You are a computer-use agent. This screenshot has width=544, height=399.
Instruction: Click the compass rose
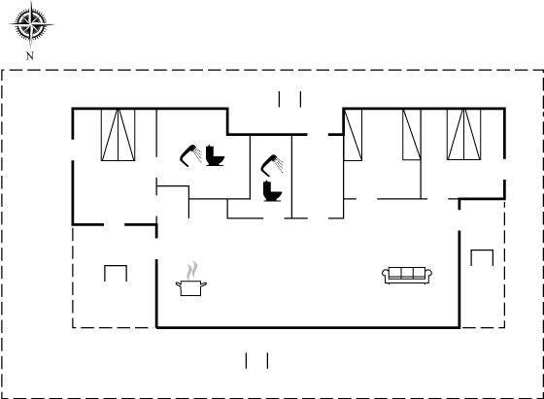point(31,24)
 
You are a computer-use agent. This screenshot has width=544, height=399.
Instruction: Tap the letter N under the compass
point(30,55)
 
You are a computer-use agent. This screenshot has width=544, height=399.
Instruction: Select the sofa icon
point(407,276)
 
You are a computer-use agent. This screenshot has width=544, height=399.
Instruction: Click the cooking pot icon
point(190,288)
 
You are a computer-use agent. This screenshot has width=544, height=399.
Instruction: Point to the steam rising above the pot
point(192,271)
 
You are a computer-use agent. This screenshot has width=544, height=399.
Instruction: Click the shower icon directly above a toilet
point(272,165)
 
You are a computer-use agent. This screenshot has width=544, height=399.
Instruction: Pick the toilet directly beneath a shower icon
point(272,191)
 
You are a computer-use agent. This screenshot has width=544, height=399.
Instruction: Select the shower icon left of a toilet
point(190,155)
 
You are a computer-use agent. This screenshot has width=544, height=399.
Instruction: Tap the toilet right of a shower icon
point(215,156)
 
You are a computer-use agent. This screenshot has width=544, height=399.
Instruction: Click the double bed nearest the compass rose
point(118,135)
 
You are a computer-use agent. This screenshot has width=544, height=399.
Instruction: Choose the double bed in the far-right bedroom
point(464,135)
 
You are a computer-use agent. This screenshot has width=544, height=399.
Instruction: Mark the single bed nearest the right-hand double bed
point(412,135)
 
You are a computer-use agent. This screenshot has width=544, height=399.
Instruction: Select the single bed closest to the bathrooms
point(353,135)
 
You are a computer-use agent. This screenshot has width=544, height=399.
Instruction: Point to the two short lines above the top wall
point(289,99)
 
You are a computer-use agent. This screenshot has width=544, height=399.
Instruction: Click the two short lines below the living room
point(256,360)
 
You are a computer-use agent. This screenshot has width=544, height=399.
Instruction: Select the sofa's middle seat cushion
point(407,273)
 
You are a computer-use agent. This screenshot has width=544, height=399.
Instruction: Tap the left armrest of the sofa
point(385,275)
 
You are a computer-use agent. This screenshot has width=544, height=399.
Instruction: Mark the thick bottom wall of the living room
point(308,327)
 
